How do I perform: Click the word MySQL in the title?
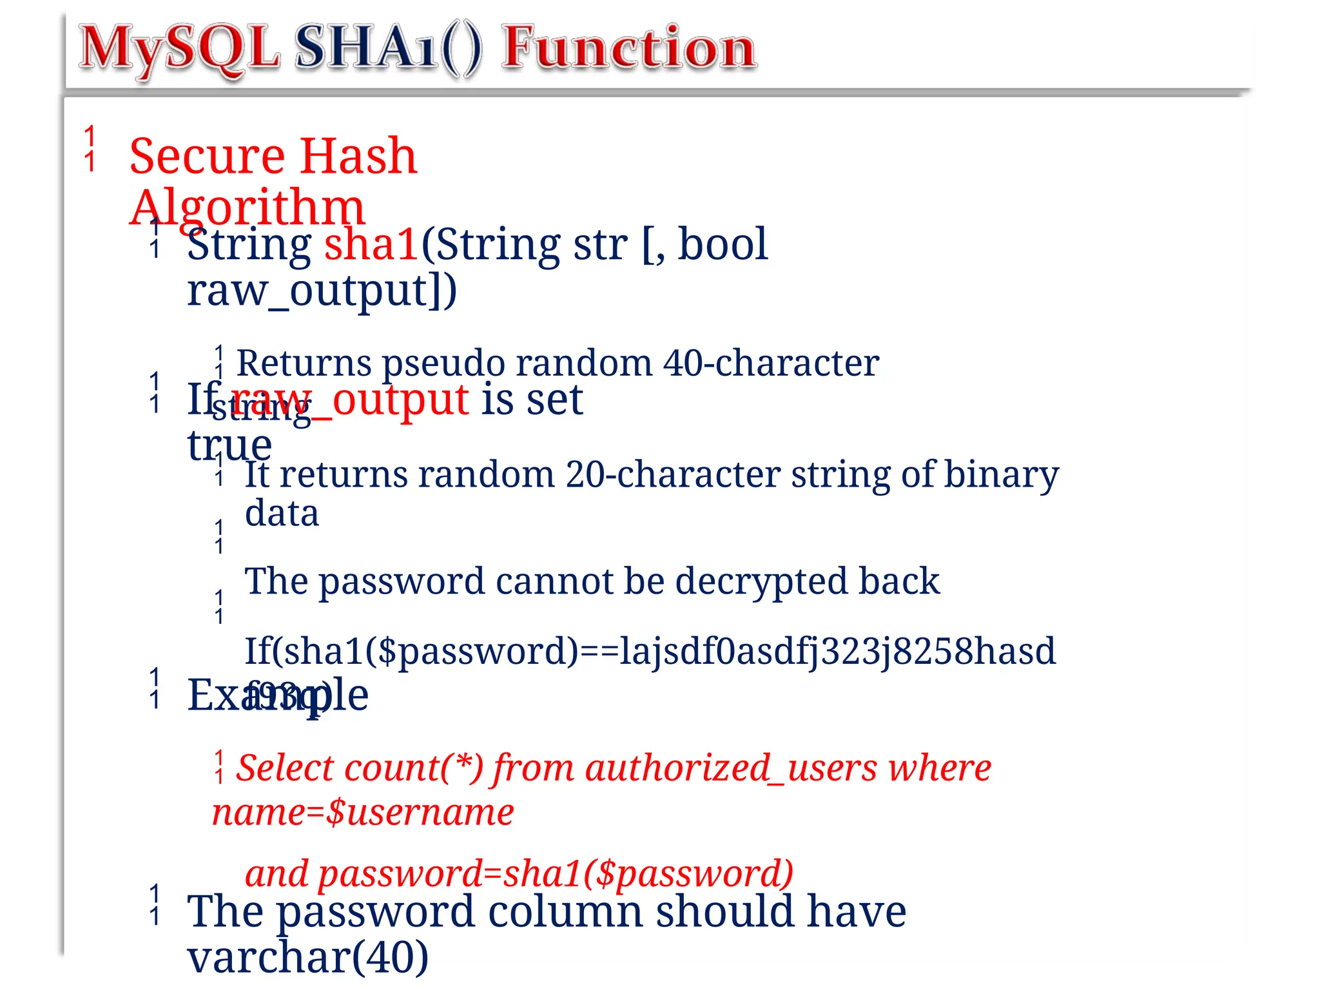click(179, 48)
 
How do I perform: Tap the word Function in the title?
click(629, 48)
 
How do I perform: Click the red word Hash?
click(358, 157)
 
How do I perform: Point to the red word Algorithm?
click(247, 208)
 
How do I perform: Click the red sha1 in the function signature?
click(371, 245)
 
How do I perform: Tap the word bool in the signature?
click(723, 245)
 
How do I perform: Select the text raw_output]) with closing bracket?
click(322, 291)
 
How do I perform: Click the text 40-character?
click(771, 364)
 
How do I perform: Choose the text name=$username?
click(363, 813)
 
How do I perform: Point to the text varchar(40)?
click(308, 958)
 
